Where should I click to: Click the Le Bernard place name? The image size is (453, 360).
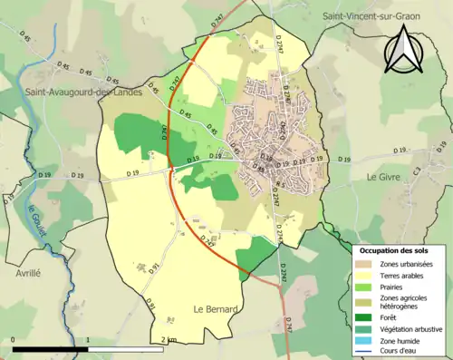(x=216, y=309)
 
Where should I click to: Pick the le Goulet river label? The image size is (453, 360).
(x=35, y=221)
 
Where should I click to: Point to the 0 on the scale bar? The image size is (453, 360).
(x=14, y=339)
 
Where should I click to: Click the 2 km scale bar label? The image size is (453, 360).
(x=169, y=339)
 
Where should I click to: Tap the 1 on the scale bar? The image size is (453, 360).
(x=88, y=339)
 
